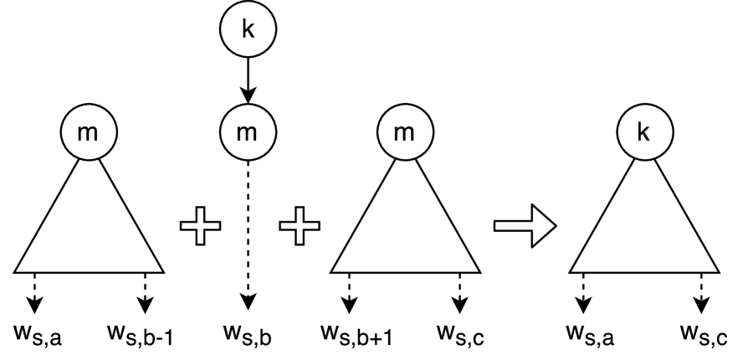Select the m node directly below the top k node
click(x=246, y=133)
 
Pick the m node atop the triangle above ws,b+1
click(x=405, y=133)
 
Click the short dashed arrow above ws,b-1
click(x=146, y=291)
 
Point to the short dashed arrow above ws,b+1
click(x=349, y=291)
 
